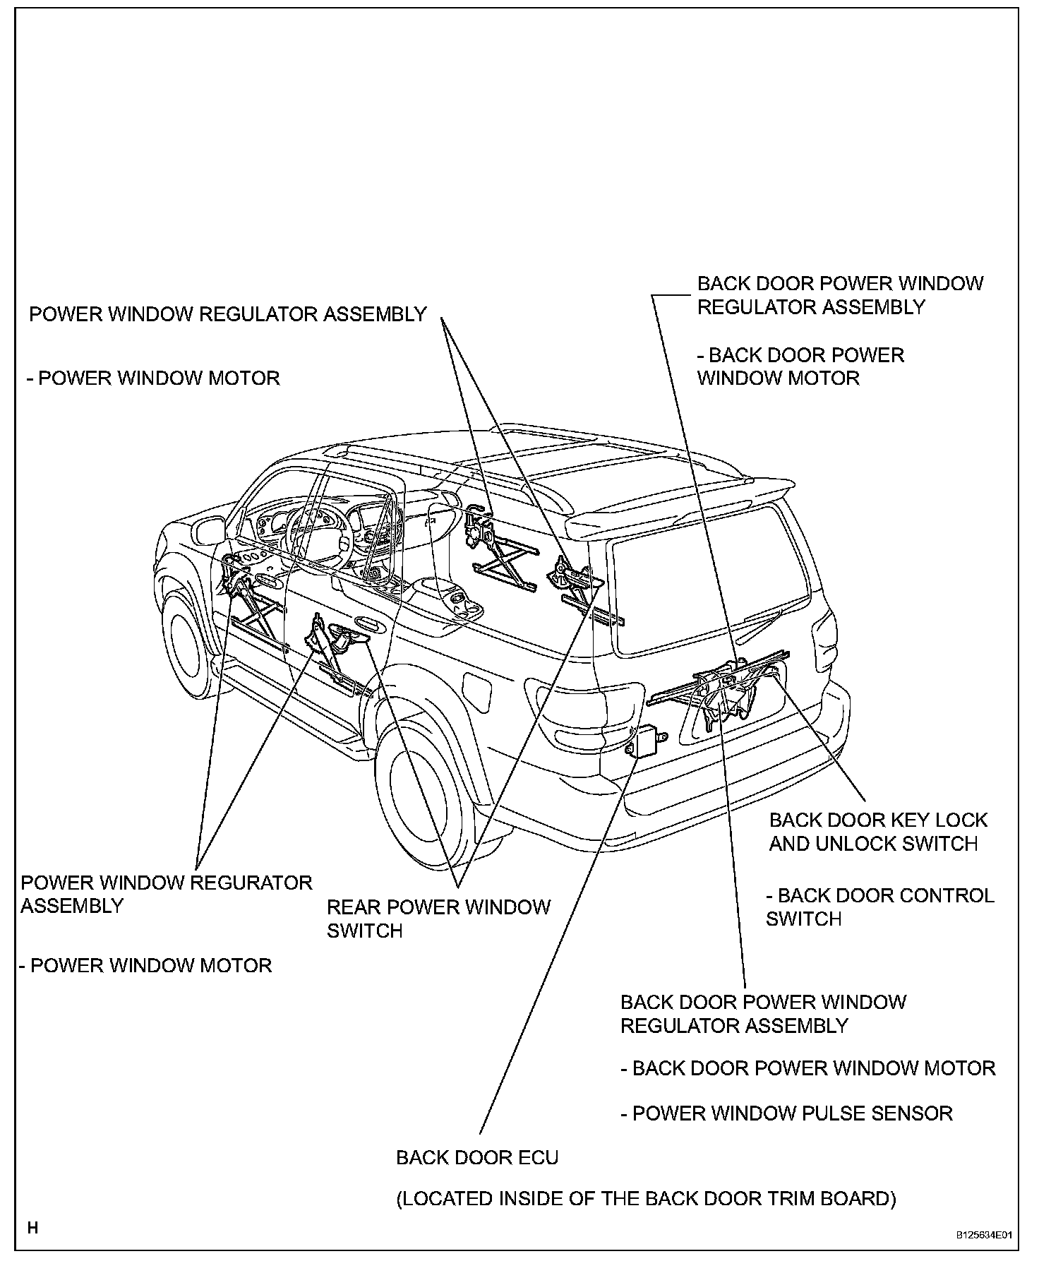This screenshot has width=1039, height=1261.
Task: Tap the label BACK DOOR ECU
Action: [x=477, y=1157]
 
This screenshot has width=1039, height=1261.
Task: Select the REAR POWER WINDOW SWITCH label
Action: [x=438, y=918]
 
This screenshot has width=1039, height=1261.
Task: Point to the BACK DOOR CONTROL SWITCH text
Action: [x=879, y=907]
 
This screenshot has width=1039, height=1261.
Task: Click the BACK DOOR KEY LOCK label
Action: [x=877, y=820]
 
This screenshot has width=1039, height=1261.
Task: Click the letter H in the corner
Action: [x=32, y=1228]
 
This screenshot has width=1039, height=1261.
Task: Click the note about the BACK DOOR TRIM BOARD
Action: [x=646, y=1198]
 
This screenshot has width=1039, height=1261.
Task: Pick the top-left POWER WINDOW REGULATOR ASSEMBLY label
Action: [x=227, y=314]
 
